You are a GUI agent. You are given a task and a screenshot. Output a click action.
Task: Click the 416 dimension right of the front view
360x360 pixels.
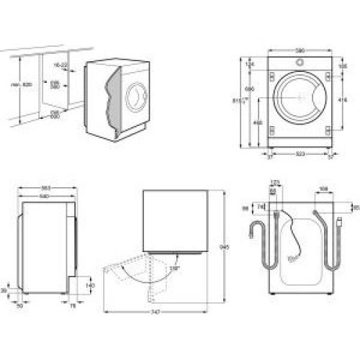[x=343, y=100]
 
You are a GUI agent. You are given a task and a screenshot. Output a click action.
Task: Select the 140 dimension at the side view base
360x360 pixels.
[x=89, y=286]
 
